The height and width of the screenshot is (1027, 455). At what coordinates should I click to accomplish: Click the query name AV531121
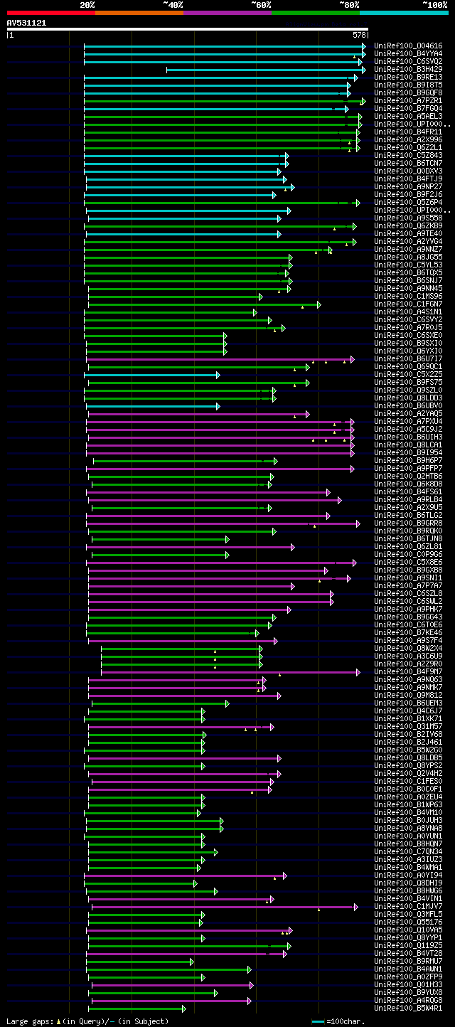26,23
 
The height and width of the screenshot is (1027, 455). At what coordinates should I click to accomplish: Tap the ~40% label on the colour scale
173,4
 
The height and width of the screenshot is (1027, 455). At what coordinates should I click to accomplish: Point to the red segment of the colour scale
50,12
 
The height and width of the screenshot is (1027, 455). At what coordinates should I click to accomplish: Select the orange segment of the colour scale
139,12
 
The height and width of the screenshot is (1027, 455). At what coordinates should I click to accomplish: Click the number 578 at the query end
360,34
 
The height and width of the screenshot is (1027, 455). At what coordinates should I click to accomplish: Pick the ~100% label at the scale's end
436,4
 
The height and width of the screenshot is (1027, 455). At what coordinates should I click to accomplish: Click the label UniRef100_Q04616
407,46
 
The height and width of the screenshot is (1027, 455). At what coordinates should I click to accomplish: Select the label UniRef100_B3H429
407,69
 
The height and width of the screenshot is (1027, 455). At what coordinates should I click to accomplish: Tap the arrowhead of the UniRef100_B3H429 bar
363,70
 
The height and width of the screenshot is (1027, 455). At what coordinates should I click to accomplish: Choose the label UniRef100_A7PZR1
407,100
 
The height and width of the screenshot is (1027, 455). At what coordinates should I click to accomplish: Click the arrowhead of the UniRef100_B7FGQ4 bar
346,109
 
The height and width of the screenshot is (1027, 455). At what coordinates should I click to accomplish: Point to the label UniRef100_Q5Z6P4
407,202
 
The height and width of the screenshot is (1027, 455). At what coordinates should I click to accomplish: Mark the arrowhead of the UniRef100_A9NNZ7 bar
330,250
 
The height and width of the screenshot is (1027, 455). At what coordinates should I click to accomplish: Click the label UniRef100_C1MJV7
407,906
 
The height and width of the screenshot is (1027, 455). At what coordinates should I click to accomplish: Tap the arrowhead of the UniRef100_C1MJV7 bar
355,907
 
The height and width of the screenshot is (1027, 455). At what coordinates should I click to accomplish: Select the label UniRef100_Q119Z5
407,945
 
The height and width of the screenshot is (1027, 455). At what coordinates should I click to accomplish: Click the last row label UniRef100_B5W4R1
407,1008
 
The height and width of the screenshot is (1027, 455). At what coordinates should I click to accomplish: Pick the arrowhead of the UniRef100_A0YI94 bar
284,876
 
